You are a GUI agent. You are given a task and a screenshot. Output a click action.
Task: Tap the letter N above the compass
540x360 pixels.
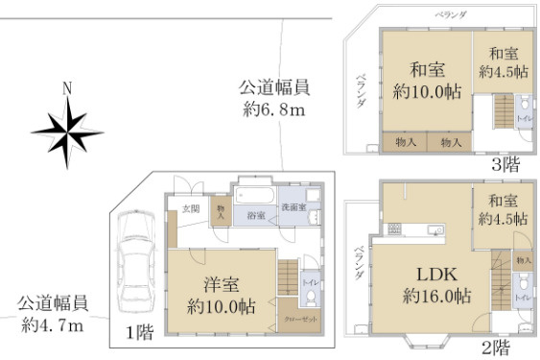click(x=66, y=88)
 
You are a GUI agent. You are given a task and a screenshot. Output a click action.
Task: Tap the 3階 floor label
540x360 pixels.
click(x=505, y=162)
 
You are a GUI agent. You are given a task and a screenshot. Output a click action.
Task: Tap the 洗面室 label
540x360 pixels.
click(x=293, y=208)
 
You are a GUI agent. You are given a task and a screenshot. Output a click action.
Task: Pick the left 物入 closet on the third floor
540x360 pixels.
click(x=407, y=142)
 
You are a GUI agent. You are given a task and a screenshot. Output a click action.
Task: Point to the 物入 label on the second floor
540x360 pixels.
click(x=523, y=259)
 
